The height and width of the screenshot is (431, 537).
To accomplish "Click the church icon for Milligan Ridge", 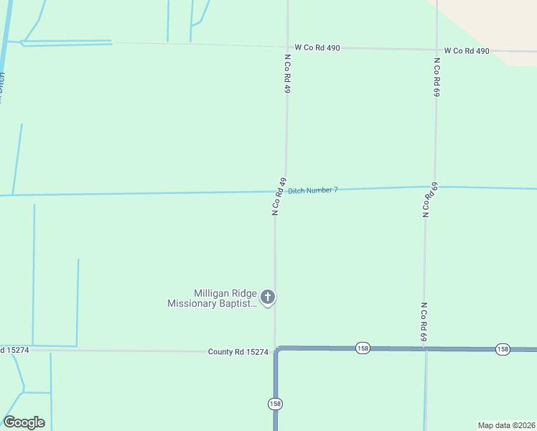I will click(268, 297).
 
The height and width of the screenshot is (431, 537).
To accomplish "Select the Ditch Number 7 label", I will click(312, 190).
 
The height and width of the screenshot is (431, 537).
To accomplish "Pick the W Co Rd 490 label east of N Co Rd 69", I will click(467, 51).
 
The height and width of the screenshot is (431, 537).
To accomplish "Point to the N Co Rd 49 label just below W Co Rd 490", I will click(287, 74).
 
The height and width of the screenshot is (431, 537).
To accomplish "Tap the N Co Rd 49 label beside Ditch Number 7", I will click(279, 196).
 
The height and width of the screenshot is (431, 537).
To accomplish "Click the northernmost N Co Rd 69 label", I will click(436, 78).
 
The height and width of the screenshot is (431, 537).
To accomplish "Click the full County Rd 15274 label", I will click(238, 352).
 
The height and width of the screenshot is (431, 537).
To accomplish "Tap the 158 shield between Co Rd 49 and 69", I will click(363, 348).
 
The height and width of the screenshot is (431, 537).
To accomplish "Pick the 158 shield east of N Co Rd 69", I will click(503, 349).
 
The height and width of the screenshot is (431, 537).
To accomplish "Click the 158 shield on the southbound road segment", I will click(275, 404).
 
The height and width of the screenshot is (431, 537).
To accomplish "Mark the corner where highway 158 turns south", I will click(276, 349).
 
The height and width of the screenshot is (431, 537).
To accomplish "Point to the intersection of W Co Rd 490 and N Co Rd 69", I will click(436, 50).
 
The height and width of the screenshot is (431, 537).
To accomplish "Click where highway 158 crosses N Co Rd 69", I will click(425, 349).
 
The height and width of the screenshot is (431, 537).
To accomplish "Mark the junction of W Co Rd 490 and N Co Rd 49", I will click(287, 47).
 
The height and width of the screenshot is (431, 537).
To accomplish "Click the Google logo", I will click(24, 422).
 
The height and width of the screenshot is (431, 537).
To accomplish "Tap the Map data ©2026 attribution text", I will click(505, 425).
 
